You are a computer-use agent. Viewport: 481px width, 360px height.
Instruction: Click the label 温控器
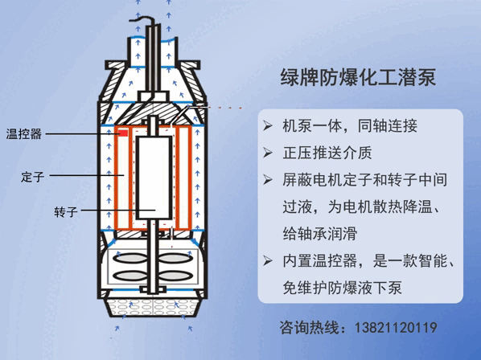(24, 134)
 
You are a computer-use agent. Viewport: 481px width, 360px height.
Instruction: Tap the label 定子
(32, 177)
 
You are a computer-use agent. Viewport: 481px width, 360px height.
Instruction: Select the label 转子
(66, 211)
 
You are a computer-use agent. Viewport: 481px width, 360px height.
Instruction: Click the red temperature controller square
(123, 133)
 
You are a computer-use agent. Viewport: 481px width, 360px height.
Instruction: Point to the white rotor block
(154, 178)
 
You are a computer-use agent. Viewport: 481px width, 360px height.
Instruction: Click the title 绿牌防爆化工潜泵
(358, 77)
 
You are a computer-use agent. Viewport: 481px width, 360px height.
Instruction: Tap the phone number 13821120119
(396, 328)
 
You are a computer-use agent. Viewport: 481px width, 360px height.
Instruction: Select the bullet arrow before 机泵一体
(268, 125)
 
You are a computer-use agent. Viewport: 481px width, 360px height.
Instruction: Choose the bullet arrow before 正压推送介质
(268, 153)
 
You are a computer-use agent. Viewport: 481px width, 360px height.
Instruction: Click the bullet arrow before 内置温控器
(268, 260)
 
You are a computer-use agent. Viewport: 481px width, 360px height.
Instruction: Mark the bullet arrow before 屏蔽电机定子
(268, 180)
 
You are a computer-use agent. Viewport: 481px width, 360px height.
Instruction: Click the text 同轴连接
(388, 125)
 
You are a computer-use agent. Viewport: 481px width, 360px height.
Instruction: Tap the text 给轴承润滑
(320, 234)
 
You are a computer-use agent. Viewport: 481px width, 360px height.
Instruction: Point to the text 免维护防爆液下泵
(342, 288)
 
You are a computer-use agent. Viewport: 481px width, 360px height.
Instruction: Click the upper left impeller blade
(129, 258)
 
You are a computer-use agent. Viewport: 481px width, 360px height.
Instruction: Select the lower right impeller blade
(175, 276)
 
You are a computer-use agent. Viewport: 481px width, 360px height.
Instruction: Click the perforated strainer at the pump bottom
(153, 307)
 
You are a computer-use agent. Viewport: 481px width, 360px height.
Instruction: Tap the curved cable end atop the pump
(142, 20)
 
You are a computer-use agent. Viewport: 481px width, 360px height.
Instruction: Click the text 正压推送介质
(327, 153)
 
